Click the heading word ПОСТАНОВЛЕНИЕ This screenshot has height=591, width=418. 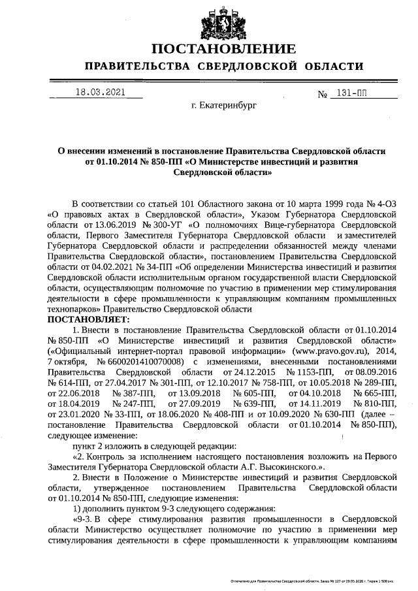coord(224,49)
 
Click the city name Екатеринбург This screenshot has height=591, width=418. coord(224,104)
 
